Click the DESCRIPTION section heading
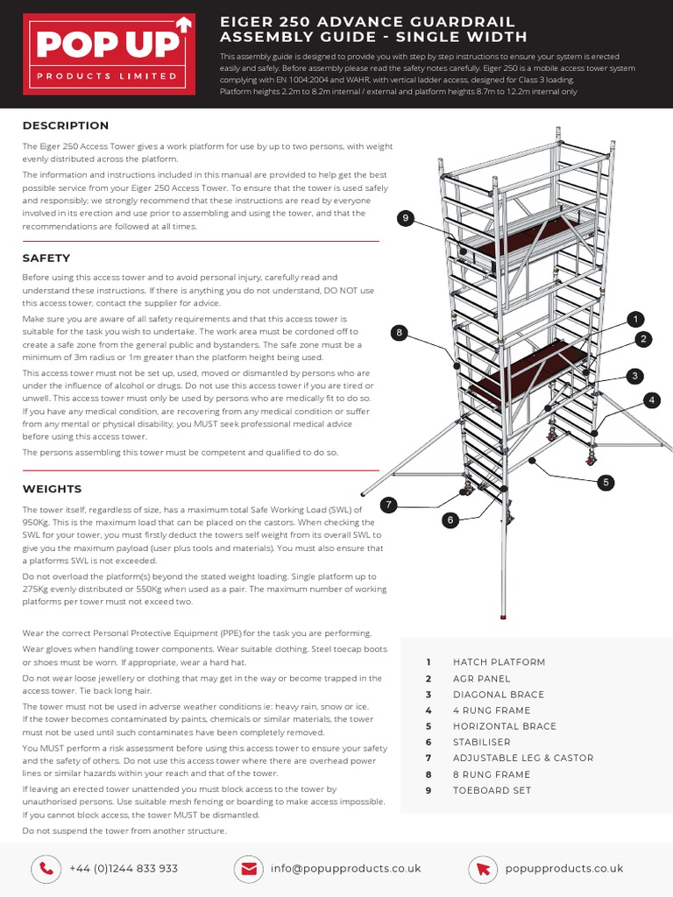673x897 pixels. coord(66,126)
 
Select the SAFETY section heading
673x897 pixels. coord(46,258)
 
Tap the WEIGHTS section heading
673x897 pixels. coord(52,489)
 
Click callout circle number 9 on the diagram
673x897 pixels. coord(404,219)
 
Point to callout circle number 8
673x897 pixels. coord(399,333)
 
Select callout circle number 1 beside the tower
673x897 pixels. coord(635,319)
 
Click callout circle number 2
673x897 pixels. coord(643,339)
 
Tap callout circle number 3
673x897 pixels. coord(635,376)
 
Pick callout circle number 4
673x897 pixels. coord(651,400)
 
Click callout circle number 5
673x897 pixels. coord(606,482)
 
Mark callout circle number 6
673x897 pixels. coord(450,520)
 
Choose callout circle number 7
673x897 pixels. coord(389,505)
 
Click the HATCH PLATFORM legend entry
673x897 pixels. coord(499,662)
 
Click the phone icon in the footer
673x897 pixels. coord(44,868)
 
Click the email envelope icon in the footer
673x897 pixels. coord(249,868)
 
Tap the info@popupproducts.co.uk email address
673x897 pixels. coord(345,868)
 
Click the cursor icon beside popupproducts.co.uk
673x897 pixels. coord(483,868)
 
